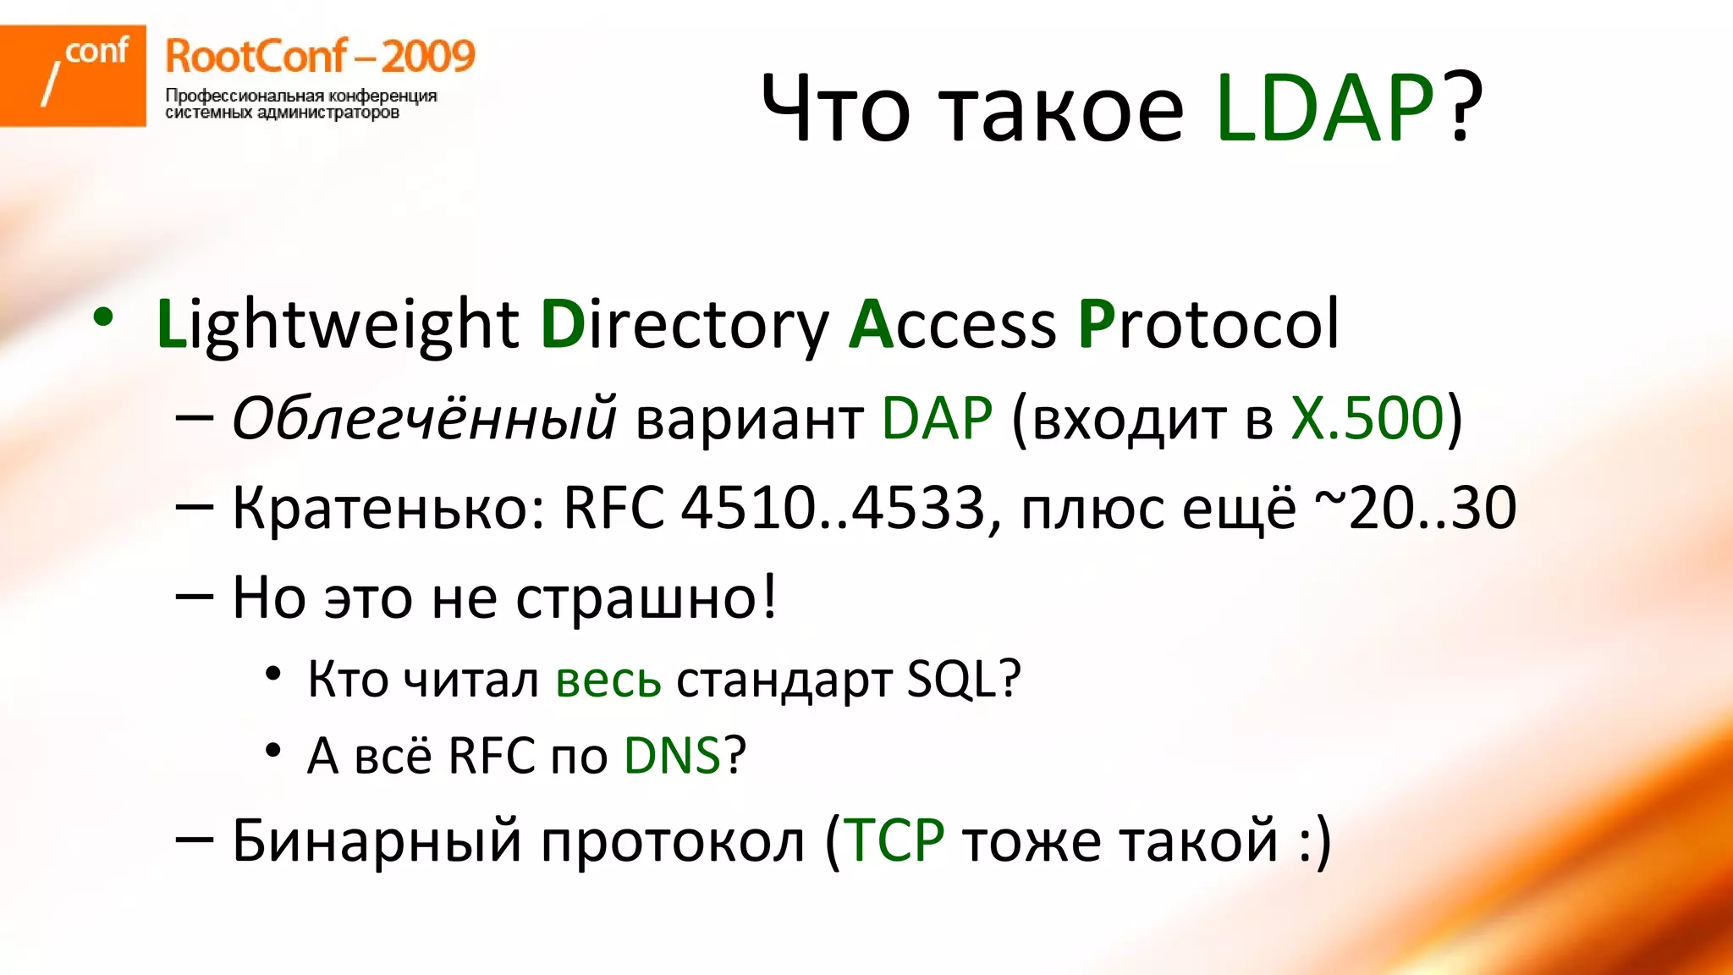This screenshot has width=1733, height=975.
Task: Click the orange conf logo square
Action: point(73,75)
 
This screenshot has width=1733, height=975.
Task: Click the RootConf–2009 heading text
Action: point(320,57)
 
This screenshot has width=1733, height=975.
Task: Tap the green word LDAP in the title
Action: point(1324,108)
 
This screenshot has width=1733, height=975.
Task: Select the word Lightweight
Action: point(338,325)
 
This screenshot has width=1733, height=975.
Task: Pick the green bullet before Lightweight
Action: point(103,318)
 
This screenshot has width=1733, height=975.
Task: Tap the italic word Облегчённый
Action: point(424,418)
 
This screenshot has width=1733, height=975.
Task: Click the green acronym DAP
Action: point(937,418)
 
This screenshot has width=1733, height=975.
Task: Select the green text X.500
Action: point(1367,418)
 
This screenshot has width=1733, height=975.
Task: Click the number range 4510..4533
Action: point(833,508)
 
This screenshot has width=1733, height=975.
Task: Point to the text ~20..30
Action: point(1415,508)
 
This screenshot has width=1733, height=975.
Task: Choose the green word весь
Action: point(608,679)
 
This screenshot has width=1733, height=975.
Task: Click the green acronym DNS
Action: point(672,755)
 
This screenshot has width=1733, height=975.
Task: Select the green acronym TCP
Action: point(894,840)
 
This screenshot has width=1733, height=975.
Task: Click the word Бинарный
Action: point(377,840)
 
